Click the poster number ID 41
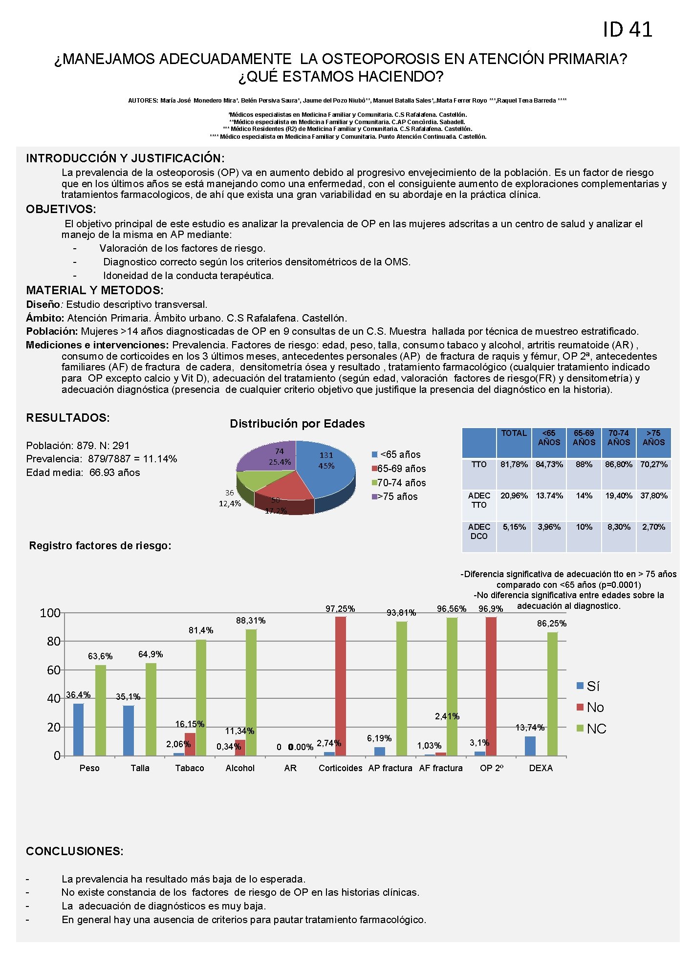tap(627, 30)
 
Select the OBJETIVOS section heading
tap(61, 209)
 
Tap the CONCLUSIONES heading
tap(75, 851)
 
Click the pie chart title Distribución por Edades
tap(297, 424)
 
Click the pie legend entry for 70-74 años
tap(399, 483)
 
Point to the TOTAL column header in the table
tap(514, 433)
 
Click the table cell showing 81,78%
tap(514, 465)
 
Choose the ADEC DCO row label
tap(479, 532)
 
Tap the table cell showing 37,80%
tap(653, 496)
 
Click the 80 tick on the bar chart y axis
tap(53, 642)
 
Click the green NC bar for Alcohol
tap(251, 692)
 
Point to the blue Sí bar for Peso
tap(78, 729)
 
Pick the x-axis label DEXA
tap(541, 768)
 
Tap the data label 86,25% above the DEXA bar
tap(552, 624)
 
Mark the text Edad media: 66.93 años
tap(83, 473)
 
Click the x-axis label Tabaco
tap(190, 768)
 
